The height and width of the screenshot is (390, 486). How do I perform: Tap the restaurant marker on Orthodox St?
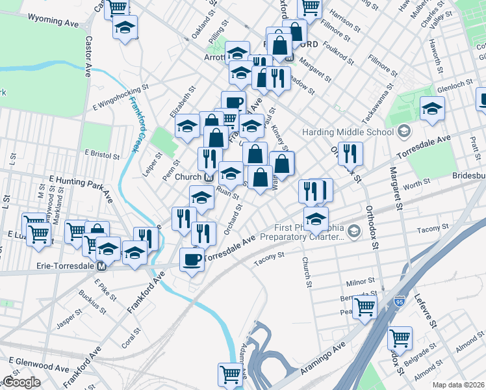point(350,153)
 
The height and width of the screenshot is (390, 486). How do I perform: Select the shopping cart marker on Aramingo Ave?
point(231,374)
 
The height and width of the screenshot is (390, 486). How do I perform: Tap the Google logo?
point(21,382)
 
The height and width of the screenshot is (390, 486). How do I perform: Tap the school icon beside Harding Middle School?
point(403,132)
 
